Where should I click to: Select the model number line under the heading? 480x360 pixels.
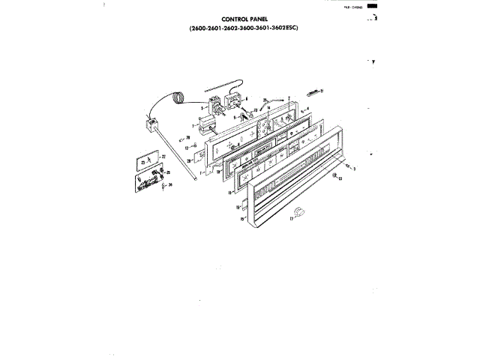point(244,29)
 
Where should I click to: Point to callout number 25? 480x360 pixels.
point(167,172)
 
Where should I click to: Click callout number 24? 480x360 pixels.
point(170,184)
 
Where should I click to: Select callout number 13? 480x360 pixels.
point(339,180)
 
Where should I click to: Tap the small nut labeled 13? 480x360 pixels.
point(331,176)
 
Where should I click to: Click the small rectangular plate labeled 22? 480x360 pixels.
point(147,160)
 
